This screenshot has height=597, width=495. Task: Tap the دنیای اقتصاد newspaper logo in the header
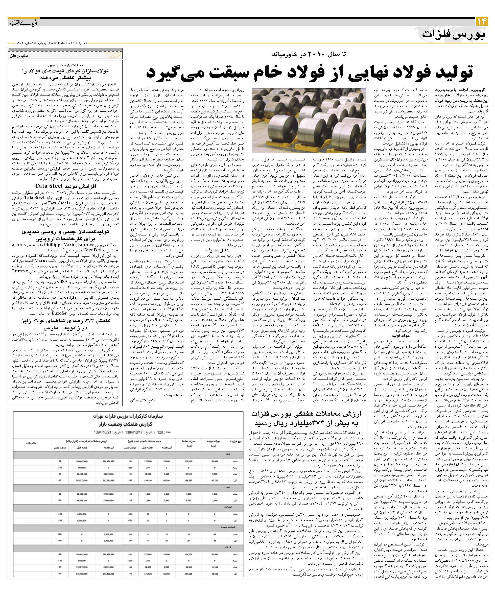19,23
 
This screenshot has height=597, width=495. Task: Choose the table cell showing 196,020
189,481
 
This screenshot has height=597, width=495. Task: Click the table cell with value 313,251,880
109,481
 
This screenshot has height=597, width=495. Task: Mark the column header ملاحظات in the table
31,443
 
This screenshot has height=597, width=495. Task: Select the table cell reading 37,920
189,474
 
